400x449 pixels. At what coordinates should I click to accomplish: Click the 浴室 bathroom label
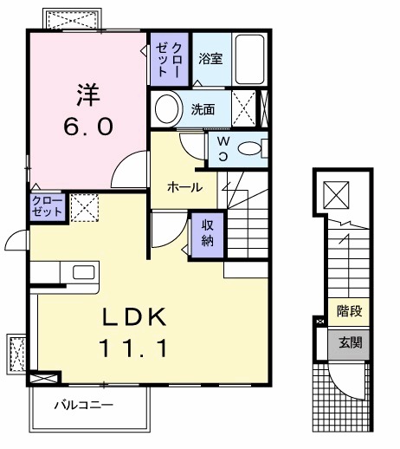coord(210,59)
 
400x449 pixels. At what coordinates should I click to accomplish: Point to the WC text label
coord(223,146)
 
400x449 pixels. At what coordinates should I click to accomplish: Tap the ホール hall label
coord(184,187)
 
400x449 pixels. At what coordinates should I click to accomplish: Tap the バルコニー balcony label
coord(83,404)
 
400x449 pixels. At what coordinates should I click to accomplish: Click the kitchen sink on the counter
coord(84,272)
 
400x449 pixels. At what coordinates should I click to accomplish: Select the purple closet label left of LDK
coord(46,206)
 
